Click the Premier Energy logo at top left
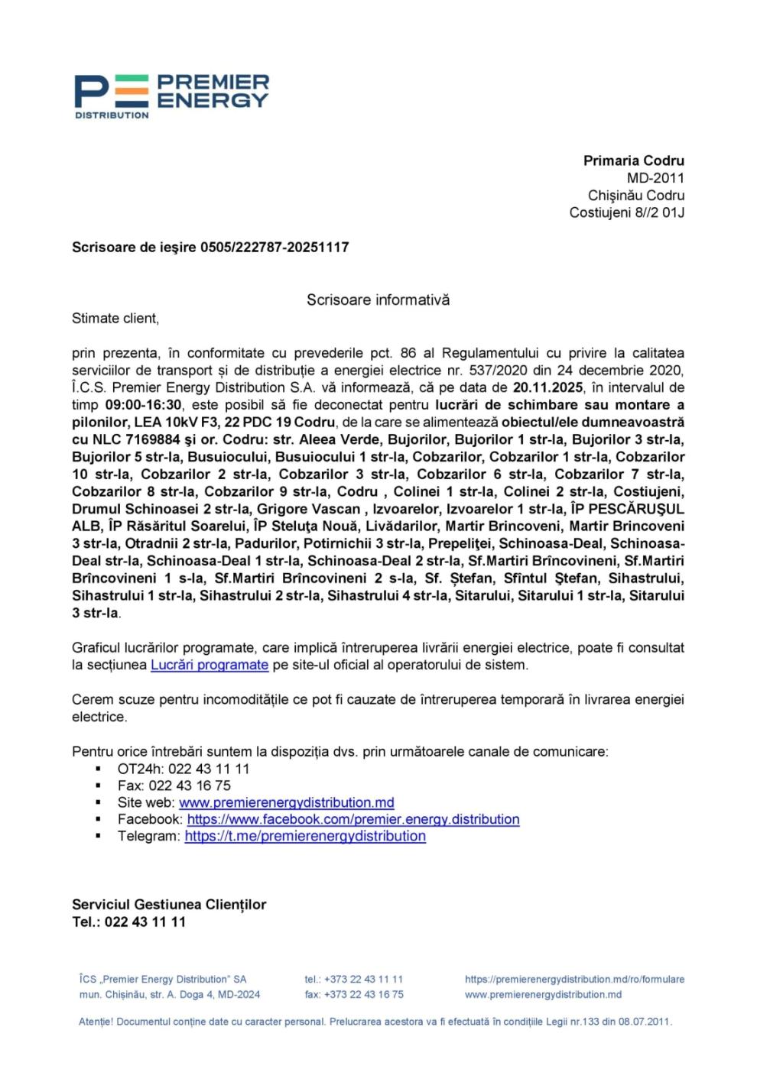coord(171,96)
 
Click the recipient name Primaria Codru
coord(633,160)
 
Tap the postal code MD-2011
coord(655,178)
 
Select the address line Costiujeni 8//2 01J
coord(626,212)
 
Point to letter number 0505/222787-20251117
coord(275,247)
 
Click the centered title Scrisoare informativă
coord(378,300)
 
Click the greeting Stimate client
coord(115,318)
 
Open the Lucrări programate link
coord(209,665)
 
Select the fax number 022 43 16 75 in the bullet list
coord(189,786)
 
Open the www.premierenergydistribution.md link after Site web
coord(286,802)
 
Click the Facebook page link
coord(353,819)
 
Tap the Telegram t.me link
coord(305,836)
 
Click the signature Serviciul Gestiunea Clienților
coord(169,905)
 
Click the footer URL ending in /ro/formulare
coord(574,979)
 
